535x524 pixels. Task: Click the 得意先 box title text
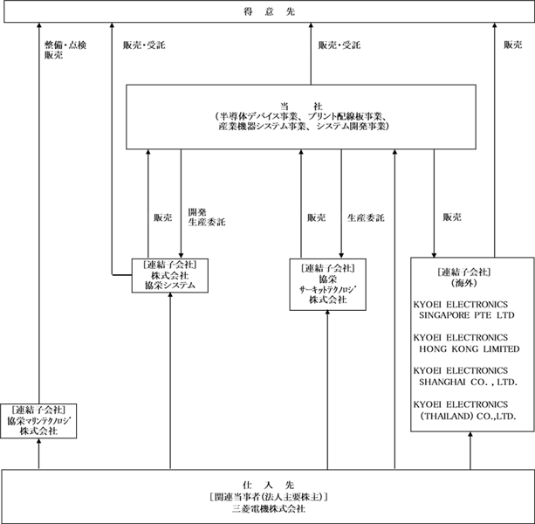coord(269,11)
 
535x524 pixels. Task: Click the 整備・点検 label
coord(65,45)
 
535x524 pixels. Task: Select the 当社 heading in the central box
coord(301,107)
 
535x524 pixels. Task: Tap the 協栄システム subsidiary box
coord(170,275)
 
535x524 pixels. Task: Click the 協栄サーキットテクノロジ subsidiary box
coord(328,285)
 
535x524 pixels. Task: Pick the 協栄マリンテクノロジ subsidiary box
coord(38,421)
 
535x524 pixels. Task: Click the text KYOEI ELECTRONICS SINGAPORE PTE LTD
coord(464,310)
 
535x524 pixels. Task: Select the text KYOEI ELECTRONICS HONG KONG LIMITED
coord(466,343)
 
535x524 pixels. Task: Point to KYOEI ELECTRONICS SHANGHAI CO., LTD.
coord(465,376)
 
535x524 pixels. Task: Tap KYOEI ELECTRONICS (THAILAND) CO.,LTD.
coord(464,410)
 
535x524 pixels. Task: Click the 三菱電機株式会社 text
coord(269,508)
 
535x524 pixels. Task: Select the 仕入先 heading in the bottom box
coord(268,485)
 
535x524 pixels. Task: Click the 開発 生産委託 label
coord(207,217)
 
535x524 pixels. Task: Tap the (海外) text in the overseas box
coord(463,283)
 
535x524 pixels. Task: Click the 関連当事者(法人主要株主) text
coord(269,497)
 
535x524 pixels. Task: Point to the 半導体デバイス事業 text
coord(257,116)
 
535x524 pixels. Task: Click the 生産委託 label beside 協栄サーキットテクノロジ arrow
coord(366,217)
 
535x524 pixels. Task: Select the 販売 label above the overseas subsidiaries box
coord(452,217)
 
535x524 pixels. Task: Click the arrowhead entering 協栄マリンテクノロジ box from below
coord(38,441)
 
